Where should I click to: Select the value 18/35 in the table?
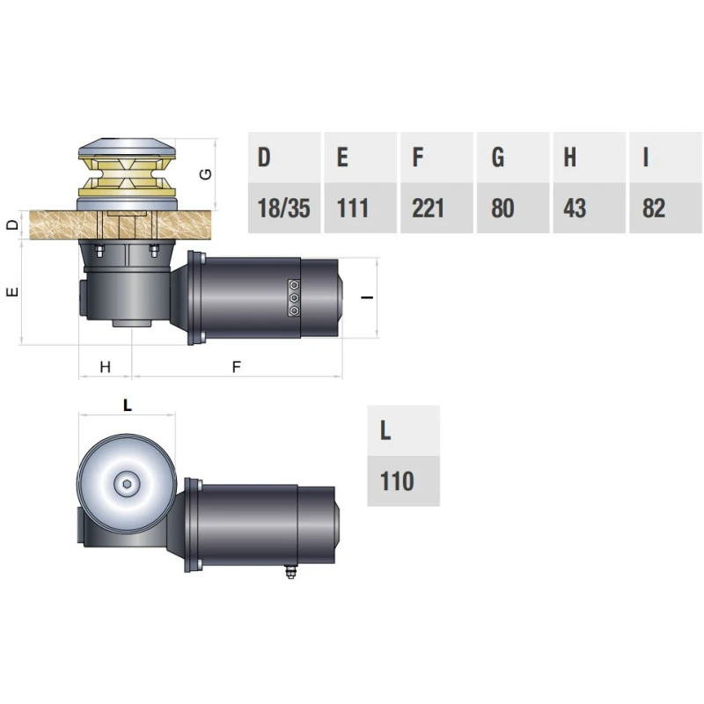point(283,209)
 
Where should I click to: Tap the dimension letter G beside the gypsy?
point(206,173)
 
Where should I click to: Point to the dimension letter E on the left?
point(11,292)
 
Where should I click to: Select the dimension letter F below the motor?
point(236,367)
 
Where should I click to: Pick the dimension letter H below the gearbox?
point(105,367)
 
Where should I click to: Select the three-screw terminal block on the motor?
point(294,297)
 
